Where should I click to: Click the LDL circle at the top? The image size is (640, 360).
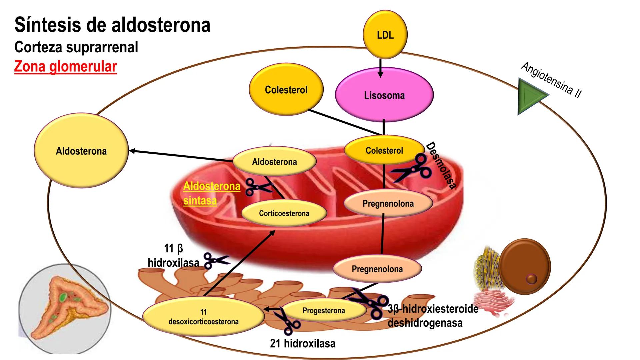click(x=385, y=35)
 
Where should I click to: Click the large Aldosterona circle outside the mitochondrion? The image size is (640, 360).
click(x=81, y=151)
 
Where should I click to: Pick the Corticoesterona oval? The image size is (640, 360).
click(x=284, y=213)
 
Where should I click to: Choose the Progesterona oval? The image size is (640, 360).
click(x=324, y=310)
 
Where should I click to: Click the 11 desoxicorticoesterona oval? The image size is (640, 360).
click(x=203, y=317)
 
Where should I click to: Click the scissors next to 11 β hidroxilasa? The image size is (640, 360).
click(x=215, y=260)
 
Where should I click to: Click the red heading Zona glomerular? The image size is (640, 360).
click(x=65, y=66)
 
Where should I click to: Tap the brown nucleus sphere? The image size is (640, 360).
click(x=525, y=266)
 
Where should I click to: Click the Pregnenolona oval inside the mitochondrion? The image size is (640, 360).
click(x=388, y=203)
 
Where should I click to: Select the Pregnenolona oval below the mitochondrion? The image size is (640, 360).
click(x=377, y=269)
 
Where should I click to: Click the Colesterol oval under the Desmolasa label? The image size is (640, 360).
click(x=384, y=150)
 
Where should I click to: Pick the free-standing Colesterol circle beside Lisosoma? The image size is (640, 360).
click(x=286, y=90)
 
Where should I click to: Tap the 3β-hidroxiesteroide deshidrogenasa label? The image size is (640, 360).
click(x=433, y=316)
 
